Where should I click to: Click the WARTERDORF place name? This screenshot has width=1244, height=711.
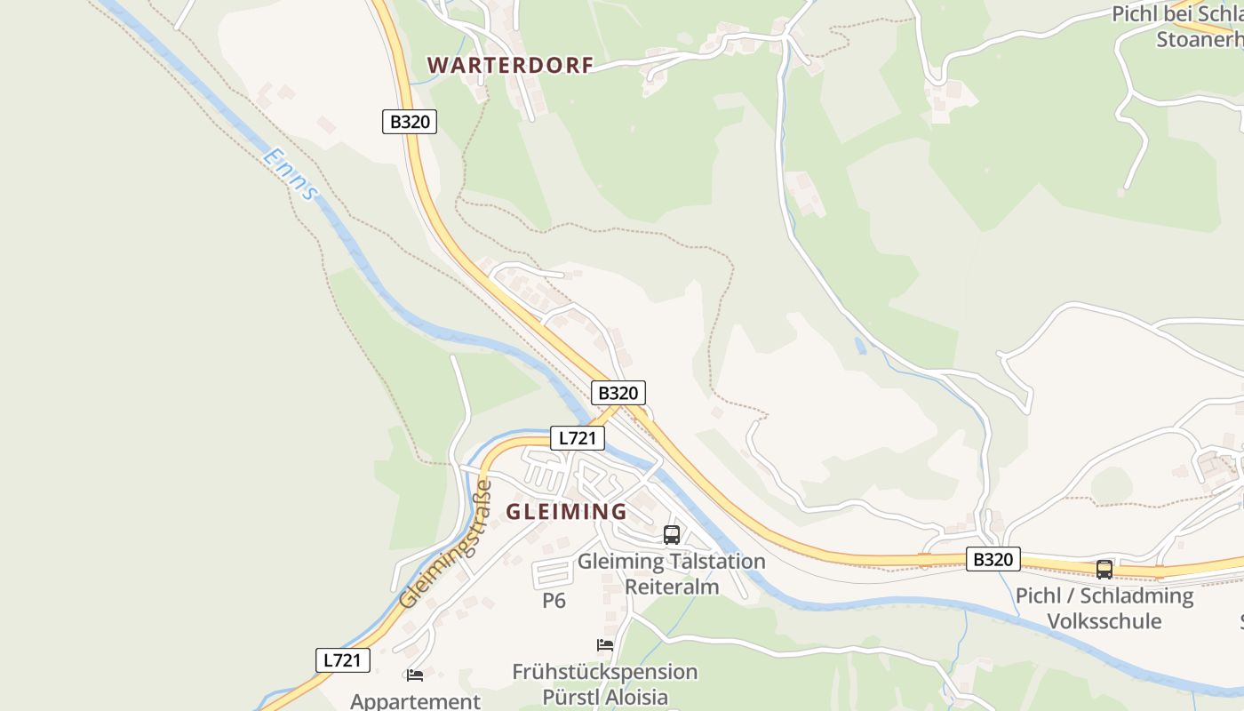tap(510, 66)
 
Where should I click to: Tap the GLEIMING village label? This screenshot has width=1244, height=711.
tap(567, 512)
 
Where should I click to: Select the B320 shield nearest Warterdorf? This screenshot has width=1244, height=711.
tap(410, 122)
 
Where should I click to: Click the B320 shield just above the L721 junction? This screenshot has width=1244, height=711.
tap(618, 393)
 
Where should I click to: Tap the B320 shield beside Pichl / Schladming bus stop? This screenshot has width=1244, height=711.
tap(993, 560)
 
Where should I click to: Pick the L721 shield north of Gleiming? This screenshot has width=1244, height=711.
tap(578, 437)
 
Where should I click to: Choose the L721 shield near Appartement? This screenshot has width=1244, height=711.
tap(343, 660)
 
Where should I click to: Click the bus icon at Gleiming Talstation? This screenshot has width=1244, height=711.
tap(672, 535)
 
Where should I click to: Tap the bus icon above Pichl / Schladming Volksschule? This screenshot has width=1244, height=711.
tap(1104, 570)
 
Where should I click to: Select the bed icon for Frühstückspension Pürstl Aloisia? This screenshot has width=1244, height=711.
tap(605, 645)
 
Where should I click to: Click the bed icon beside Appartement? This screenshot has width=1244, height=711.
tap(415, 675)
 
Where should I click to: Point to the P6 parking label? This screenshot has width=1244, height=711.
tap(554, 601)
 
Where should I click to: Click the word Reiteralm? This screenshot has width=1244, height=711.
tap(672, 587)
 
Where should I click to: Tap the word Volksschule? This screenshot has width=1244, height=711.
tap(1104, 620)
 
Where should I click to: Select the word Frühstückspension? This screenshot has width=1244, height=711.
tap(604, 672)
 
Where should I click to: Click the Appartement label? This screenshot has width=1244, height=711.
tap(415, 701)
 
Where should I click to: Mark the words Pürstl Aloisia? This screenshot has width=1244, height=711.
tap(604, 697)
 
